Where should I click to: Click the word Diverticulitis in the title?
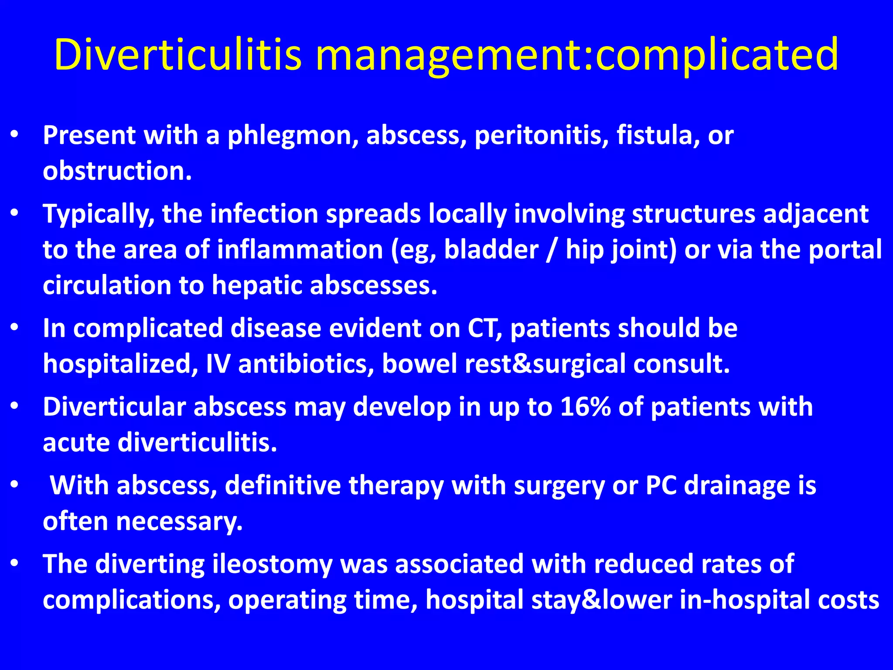pos(178,55)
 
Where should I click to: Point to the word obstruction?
pos(117,171)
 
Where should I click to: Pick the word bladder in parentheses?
pos(491,250)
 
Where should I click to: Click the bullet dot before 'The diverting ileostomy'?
pos(14,563)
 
